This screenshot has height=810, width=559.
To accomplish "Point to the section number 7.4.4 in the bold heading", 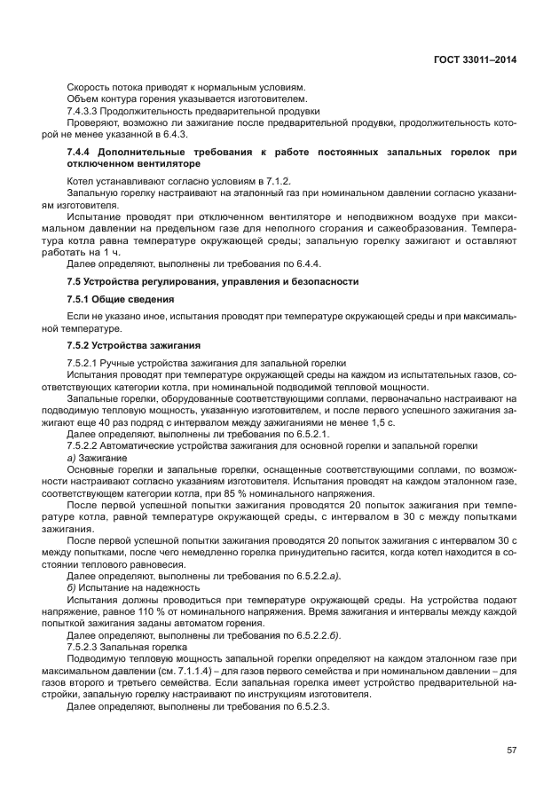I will coord(81,153).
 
